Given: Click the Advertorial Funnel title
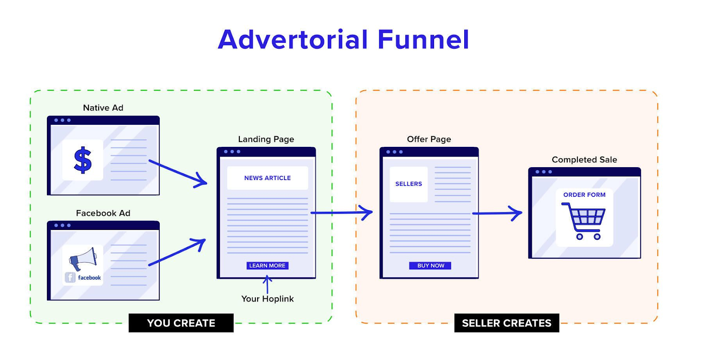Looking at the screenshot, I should point(343,40).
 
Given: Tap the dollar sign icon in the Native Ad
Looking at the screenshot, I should point(83,160).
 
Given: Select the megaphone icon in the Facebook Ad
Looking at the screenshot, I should point(83,258).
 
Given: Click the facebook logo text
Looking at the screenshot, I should point(89,278).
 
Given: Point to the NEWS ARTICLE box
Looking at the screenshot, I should point(267,178).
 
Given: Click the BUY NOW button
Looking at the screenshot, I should point(430,265).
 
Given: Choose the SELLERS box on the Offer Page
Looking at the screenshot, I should point(408,184).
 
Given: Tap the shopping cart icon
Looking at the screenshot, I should point(584,221).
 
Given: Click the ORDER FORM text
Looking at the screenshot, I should point(584,195).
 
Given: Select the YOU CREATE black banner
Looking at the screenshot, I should point(181,323).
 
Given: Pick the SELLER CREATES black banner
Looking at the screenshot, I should point(507,323).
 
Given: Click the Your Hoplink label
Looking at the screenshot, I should point(267,299).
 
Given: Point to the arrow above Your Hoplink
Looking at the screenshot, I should point(267,284).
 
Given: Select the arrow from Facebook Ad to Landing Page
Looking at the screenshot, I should point(177,253).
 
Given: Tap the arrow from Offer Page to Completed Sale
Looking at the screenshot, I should point(497,213).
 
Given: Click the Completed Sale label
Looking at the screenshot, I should point(584,160).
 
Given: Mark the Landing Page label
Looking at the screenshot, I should point(266,139).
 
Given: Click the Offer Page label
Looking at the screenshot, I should point(429,139).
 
